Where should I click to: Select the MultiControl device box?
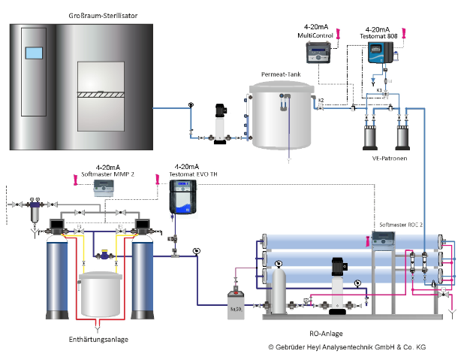320,53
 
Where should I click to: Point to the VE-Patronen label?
384,159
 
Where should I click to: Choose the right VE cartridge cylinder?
403,134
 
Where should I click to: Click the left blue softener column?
59,278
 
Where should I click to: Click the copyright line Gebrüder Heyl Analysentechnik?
347,347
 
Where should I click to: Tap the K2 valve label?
321,100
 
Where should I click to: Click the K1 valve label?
380,90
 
